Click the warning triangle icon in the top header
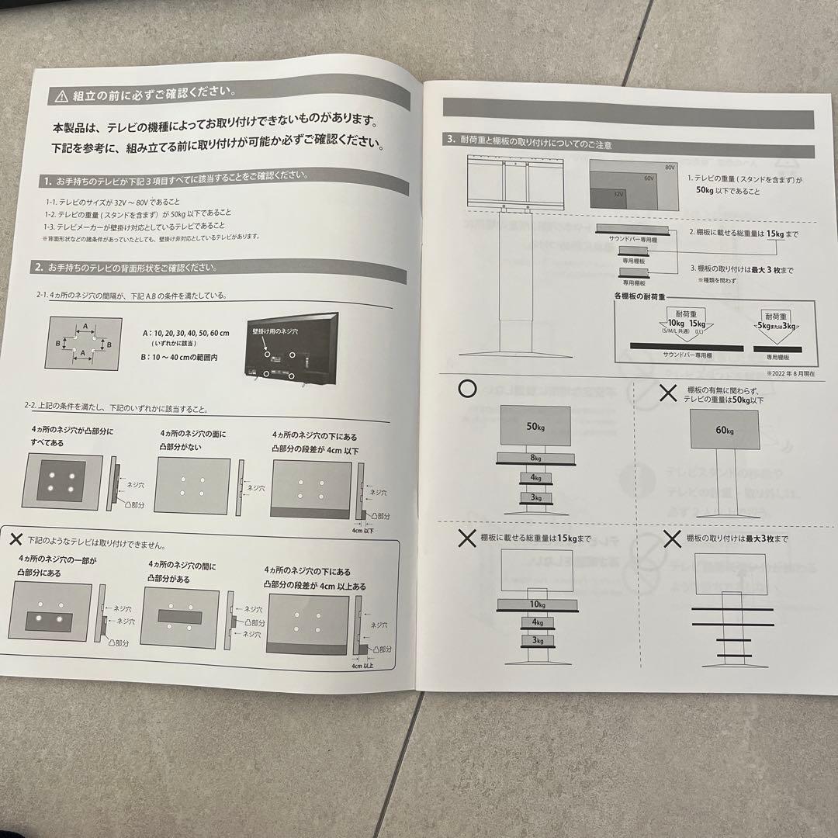61,96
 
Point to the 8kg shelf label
536,459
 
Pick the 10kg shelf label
536,604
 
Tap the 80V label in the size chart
670,168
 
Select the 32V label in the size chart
618,194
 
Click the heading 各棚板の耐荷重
642,296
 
